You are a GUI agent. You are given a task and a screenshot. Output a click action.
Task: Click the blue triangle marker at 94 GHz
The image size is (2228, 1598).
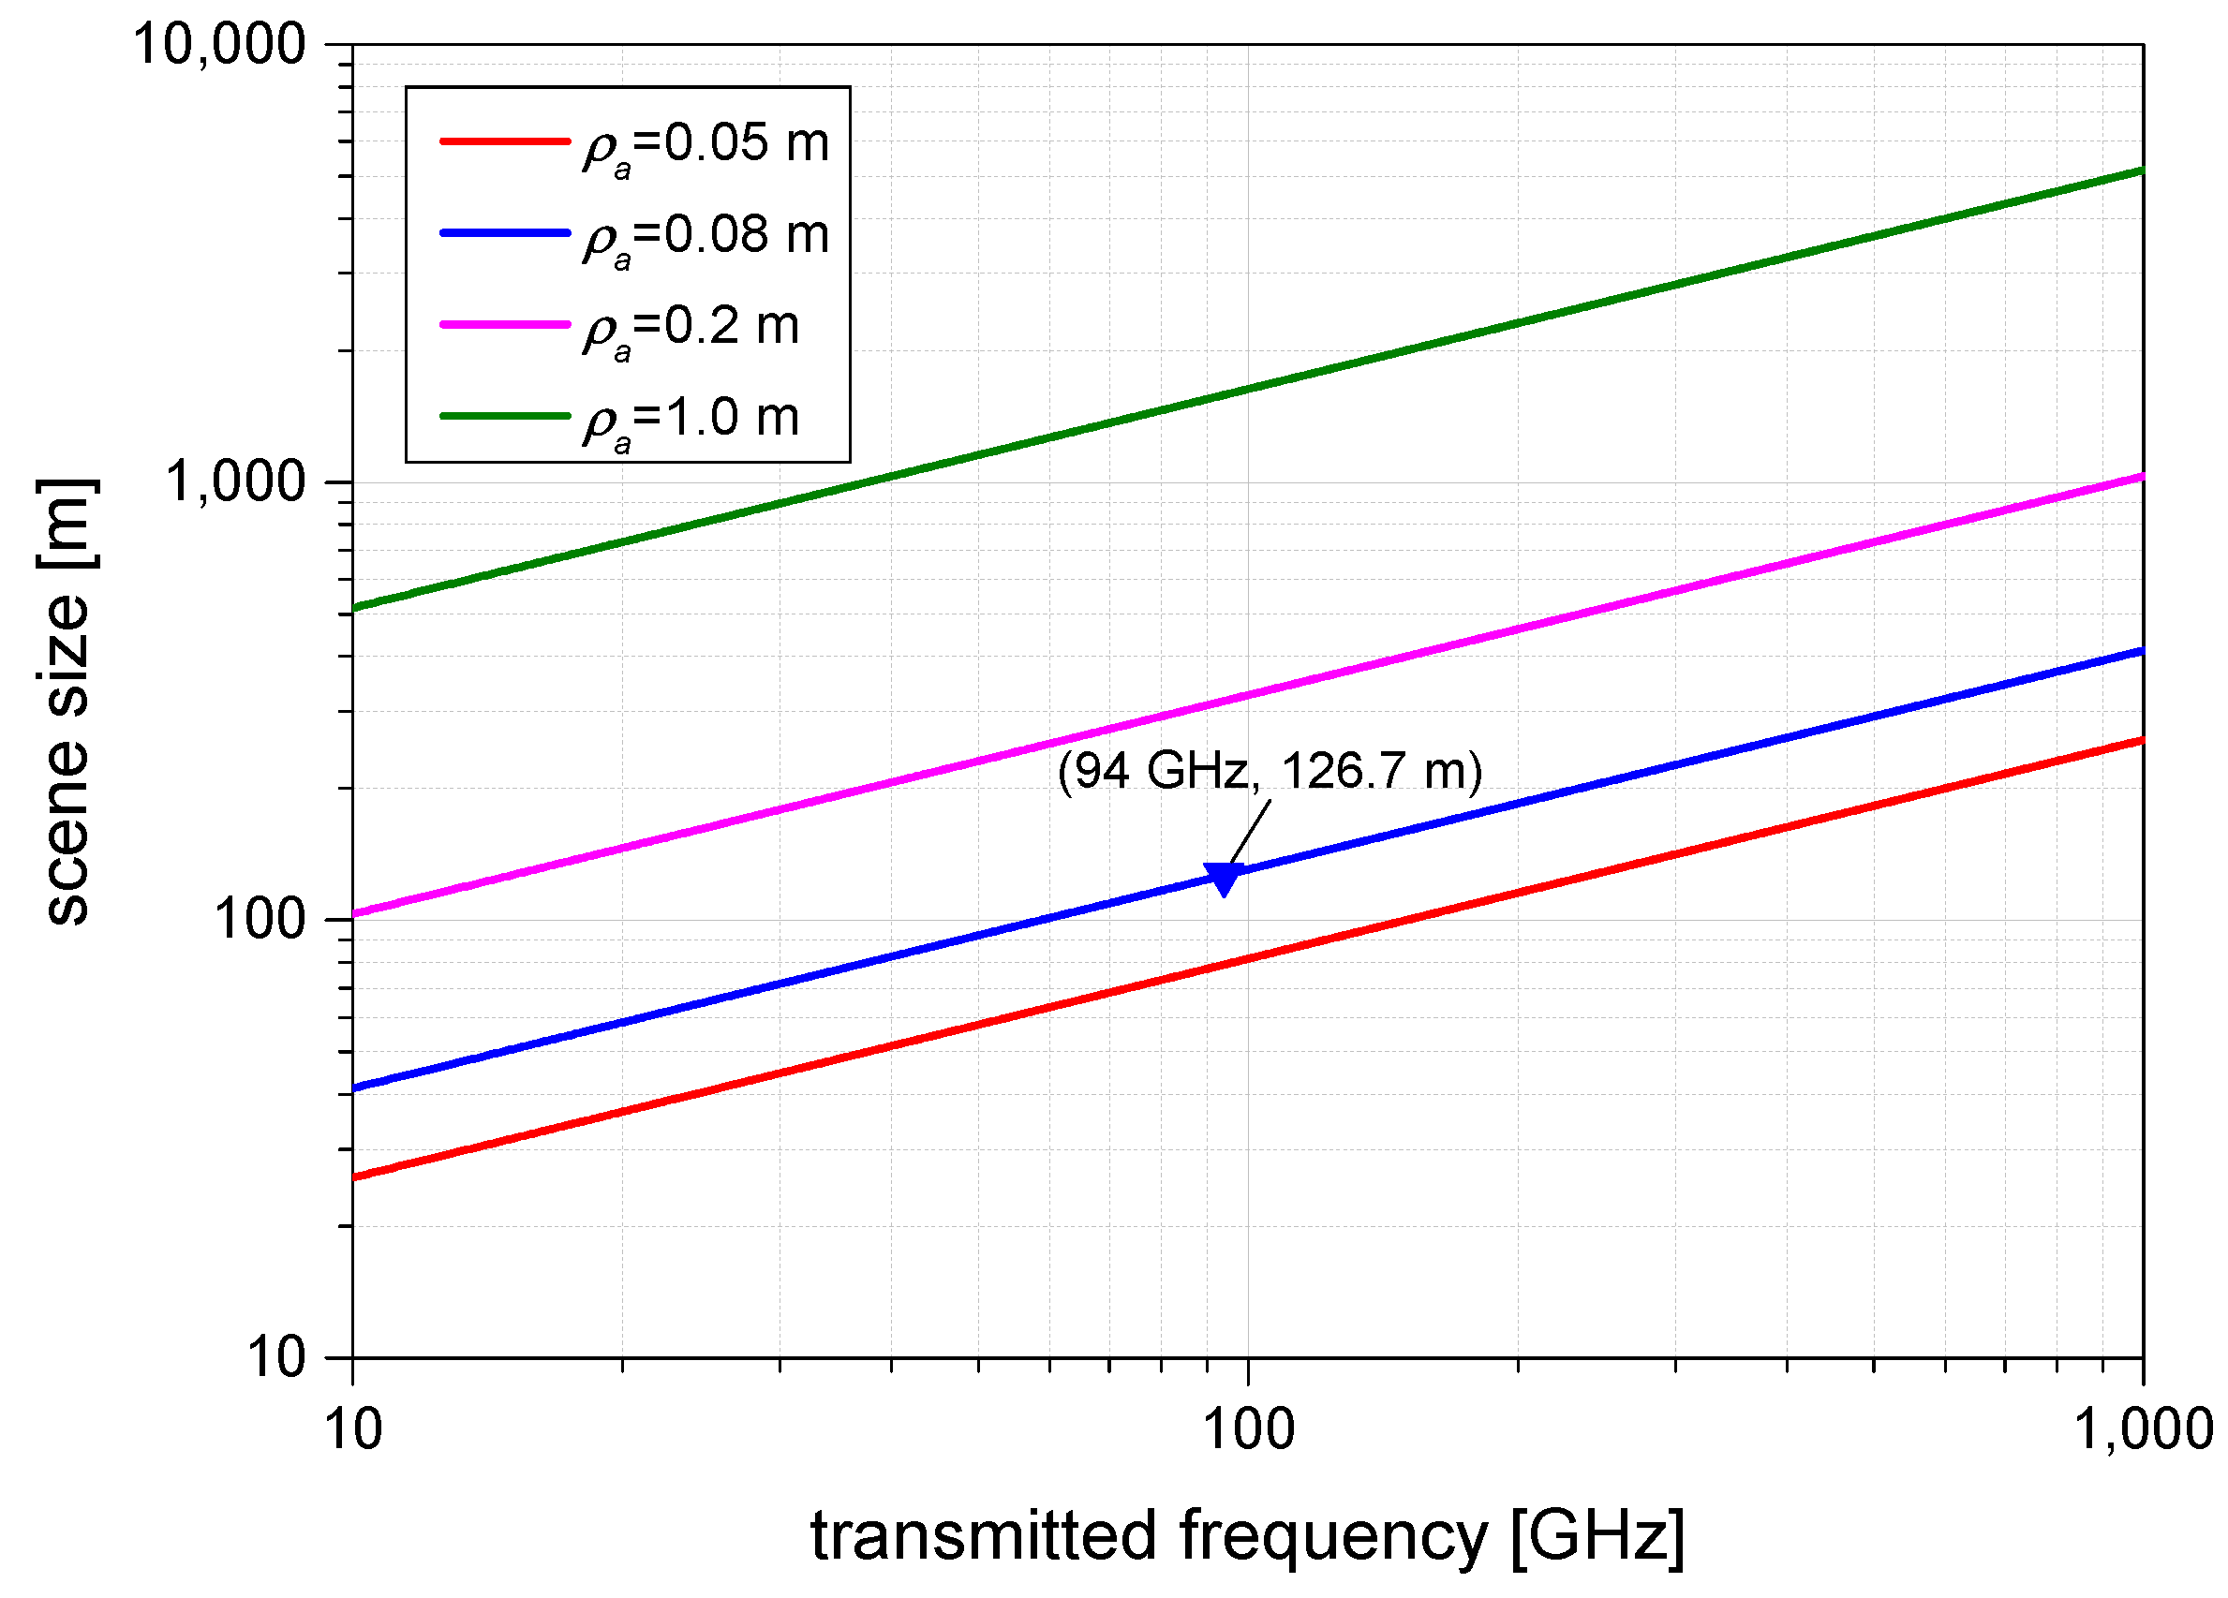point(1223,878)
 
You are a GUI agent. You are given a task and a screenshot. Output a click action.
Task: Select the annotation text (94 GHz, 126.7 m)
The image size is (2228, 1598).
point(1270,770)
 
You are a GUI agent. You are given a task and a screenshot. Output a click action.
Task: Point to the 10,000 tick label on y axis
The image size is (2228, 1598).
point(219,45)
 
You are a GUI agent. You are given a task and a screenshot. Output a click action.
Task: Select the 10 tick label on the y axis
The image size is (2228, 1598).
point(276,1358)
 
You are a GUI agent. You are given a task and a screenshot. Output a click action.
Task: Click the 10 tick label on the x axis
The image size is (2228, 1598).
point(353,1430)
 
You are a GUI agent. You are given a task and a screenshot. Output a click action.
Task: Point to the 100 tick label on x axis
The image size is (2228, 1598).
point(1249,1430)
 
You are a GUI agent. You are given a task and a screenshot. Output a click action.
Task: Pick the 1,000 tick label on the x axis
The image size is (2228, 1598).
point(2143,1430)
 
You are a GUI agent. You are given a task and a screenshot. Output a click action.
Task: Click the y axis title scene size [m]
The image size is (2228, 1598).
point(67,702)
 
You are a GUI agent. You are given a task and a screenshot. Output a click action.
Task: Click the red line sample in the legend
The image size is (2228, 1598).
point(505,141)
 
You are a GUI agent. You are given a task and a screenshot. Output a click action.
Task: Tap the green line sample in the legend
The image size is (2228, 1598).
point(505,416)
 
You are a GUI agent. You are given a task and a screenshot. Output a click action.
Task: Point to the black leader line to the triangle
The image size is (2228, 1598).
point(1250,833)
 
